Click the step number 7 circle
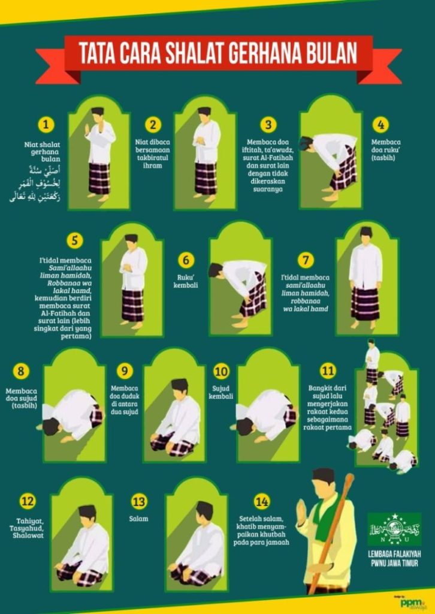point(306,260)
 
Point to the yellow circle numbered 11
point(328,371)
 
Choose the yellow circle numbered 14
point(262,501)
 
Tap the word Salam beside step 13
point(138,519)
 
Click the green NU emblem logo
point(394,528)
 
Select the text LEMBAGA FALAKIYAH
point(394,555)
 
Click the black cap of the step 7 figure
point(365,231)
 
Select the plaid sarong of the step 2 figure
point(206,178)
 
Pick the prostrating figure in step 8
point(71,414)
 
